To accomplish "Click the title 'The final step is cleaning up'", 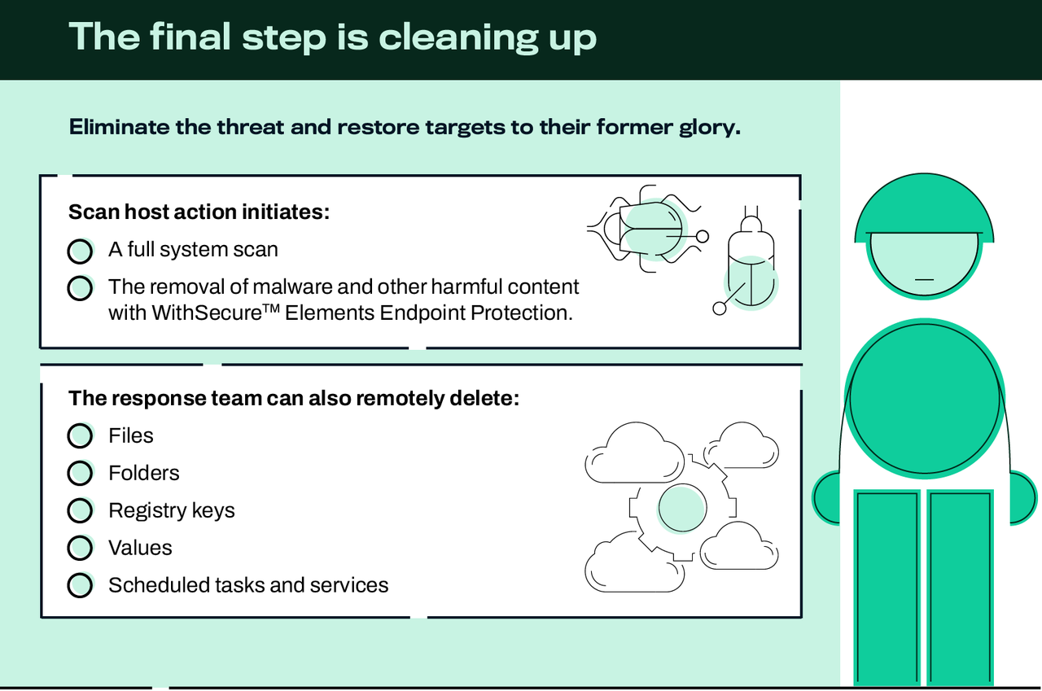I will tap(332, 37).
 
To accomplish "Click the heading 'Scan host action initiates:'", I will tap(199, 212).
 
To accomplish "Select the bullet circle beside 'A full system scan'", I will tap(80, 251).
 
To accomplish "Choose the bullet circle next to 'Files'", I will tap(80, 436).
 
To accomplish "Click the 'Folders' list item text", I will tap(144, 474).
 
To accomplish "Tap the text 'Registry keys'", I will tap(172, 511).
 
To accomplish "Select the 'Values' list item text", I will tap(140, 549).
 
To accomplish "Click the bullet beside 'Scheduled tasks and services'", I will tap(80, 586).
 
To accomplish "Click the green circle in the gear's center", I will tap(681, 508).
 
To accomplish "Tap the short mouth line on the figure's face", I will tap(924, 279).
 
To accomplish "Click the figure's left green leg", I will tap(886, 586).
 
